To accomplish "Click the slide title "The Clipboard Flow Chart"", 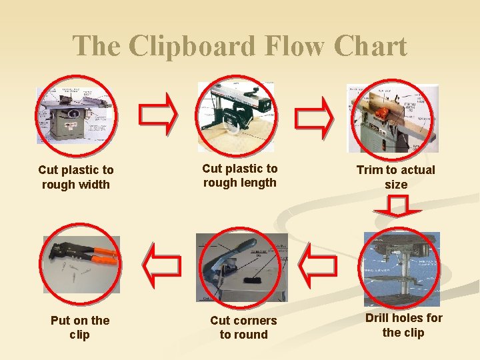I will click(239, 46).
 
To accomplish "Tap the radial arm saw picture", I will click(236, 117).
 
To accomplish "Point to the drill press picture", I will click(401, 269).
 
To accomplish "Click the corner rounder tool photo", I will click(242, 267).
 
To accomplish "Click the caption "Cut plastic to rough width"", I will click(76, 177).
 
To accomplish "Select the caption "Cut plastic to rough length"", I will click(239, 175).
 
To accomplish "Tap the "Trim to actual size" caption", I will click(395, 177).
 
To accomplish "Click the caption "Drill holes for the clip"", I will click(403, 325).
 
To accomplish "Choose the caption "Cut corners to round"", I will click(243, 327).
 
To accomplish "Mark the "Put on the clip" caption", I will click(80, 327).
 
